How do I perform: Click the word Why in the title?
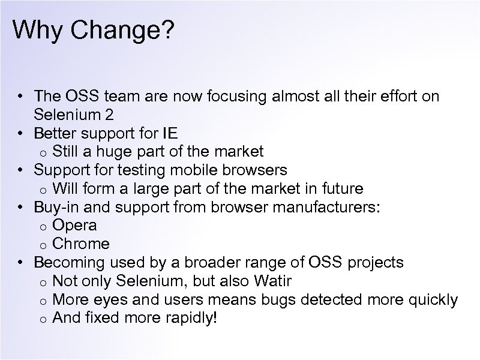click(x=37, y=31)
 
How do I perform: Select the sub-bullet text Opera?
click(x=74, y=226)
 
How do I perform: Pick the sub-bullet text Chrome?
click(x=81, y=244)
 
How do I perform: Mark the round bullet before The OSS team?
click(x=20, y=96)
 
